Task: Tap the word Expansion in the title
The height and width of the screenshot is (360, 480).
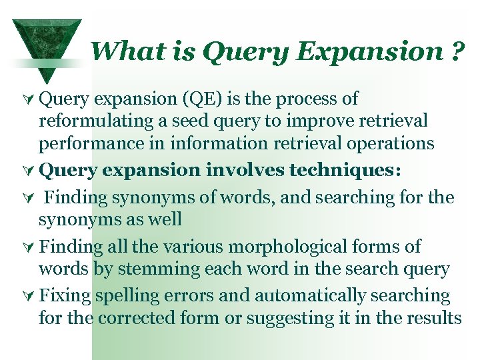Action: (367, 52)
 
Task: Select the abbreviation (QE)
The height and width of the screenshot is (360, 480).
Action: (202, 99)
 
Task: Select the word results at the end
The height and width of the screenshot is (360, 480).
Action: (433, 318)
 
